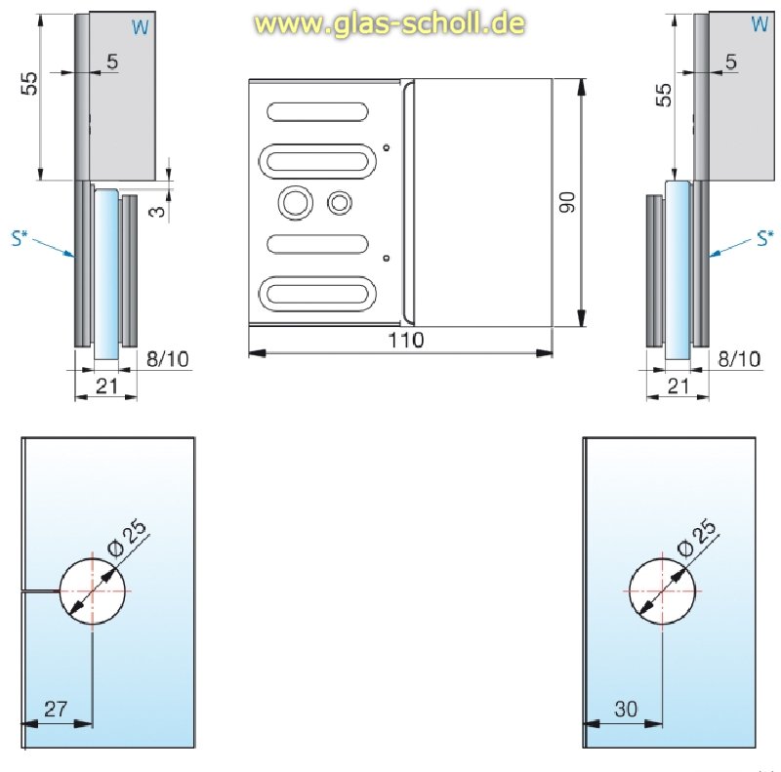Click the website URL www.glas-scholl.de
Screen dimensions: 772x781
(390, 22)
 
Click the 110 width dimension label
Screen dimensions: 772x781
(405, 341)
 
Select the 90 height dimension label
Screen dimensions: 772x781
(569, 203)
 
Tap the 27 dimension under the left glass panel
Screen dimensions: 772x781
(56, 710)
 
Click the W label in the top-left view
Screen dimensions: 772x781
(141, 27)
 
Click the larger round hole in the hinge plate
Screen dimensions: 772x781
(294, 203)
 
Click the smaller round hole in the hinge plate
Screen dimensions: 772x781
(340, 203)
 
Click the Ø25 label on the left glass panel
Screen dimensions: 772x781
(128, 537)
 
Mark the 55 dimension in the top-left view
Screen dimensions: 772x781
(31, 84)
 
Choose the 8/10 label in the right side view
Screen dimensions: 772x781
(738, 359)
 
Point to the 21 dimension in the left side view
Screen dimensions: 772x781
(105, 386)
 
